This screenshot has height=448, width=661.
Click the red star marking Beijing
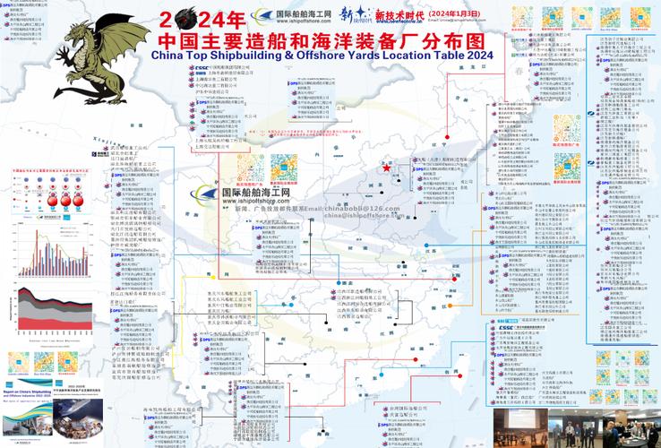point(386,168)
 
